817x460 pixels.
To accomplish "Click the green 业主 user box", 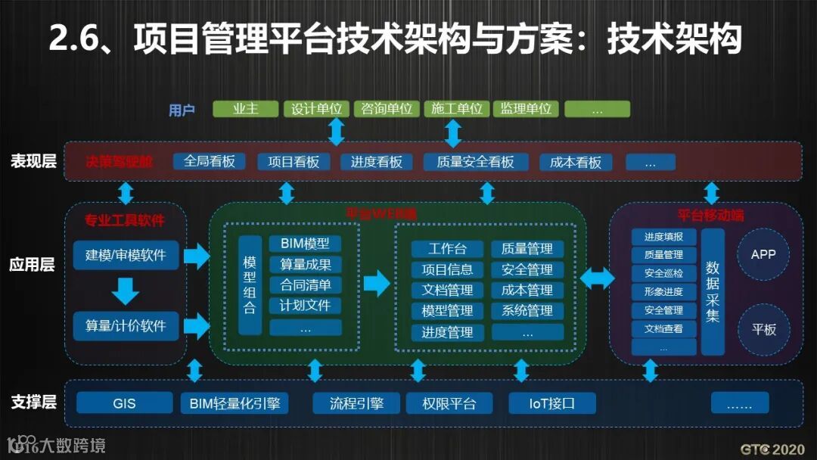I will [x=245, y=109].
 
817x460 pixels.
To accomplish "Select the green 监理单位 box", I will [x=526, y=109].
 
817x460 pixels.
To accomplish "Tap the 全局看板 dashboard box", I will [x=210, y=162].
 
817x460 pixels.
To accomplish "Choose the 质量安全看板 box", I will [x=475, y=162].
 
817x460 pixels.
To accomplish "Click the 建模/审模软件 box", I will [x=126, y=256].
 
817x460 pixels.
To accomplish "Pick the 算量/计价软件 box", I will [x=126, y=326].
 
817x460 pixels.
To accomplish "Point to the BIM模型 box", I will [x=305, y=244].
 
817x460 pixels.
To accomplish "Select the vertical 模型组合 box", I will [x=250, y=284].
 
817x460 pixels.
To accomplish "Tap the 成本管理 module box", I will [x=527, y=291].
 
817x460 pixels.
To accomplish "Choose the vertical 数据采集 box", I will [x=713, y=291].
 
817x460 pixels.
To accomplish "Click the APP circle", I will [x=763, y=254].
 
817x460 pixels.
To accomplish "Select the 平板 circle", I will [x=763, y=330].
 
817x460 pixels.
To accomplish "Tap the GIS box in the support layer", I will [x=124, y=403].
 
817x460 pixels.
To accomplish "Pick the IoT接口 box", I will [x=551, y=403].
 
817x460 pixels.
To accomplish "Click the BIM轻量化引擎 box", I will [x=235, y=403].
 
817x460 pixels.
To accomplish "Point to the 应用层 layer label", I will [x=33, y=265].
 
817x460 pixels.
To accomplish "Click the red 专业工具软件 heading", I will [x=125, y=220].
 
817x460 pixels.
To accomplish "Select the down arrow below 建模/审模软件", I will [x=126, y=290].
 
